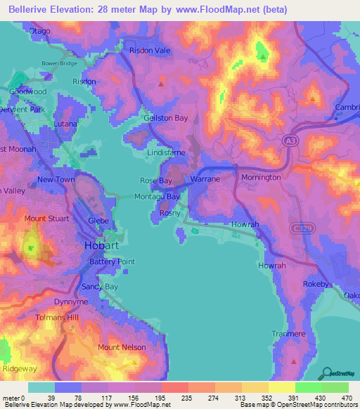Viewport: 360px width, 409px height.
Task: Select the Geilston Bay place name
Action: (166, 118)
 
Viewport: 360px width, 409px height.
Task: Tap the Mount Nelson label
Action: (122, 347)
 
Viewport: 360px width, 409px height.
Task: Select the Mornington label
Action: (262, 178)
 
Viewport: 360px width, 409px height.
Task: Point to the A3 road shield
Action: (289, 142)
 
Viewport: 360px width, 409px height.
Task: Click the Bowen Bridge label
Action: (59, 63)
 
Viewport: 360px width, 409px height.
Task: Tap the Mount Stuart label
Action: (46, 219)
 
